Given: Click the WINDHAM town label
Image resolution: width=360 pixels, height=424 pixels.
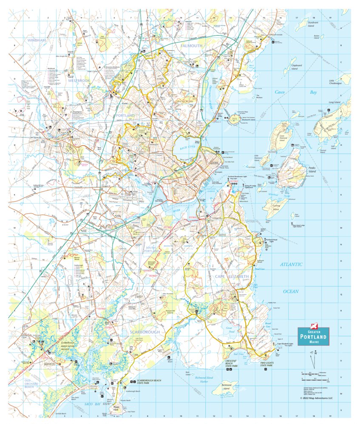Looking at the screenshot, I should click(x=36, y=40).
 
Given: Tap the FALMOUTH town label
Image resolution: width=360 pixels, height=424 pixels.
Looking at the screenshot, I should click(x=192, y=45).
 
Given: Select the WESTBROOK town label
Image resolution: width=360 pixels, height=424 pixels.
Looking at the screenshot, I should click(x=78, y=80).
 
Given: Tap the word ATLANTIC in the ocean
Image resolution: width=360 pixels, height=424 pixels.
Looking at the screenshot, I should click(x=291, y=264).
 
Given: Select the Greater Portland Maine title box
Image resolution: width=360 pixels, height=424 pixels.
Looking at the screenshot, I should click(x=313, y=336).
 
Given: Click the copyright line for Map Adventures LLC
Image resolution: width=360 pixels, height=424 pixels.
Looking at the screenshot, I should click(x=316, y=398).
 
